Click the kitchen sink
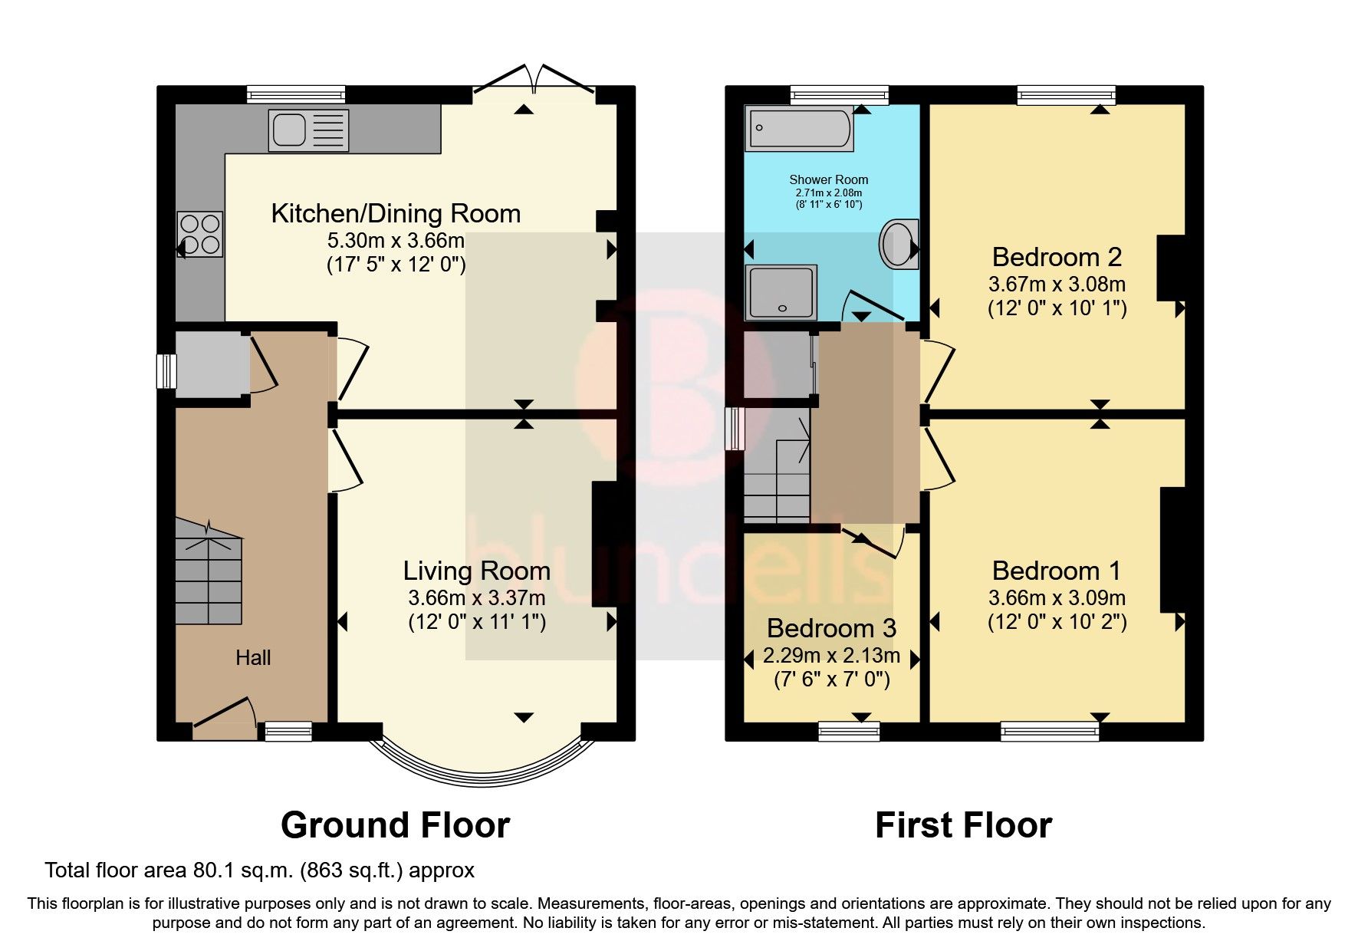pos(308,130)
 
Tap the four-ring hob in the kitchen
pos(200,234)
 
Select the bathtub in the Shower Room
pos(799,128)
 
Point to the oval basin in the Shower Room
pos(899,244)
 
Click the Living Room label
pos(476,571)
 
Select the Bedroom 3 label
pos(831,629)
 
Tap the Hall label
pos(253,658)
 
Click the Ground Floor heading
pos(395,826)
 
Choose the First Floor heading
pos(963,826)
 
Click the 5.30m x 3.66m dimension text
pos(396,241)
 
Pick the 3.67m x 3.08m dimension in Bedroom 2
pos(1057,285)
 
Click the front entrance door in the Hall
pos(224,721)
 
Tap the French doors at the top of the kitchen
pos(534,81)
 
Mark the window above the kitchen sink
pos(296,95)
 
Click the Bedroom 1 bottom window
pos(1050,732)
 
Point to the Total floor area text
pos(259,870)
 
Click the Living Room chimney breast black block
pos(604,545)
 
